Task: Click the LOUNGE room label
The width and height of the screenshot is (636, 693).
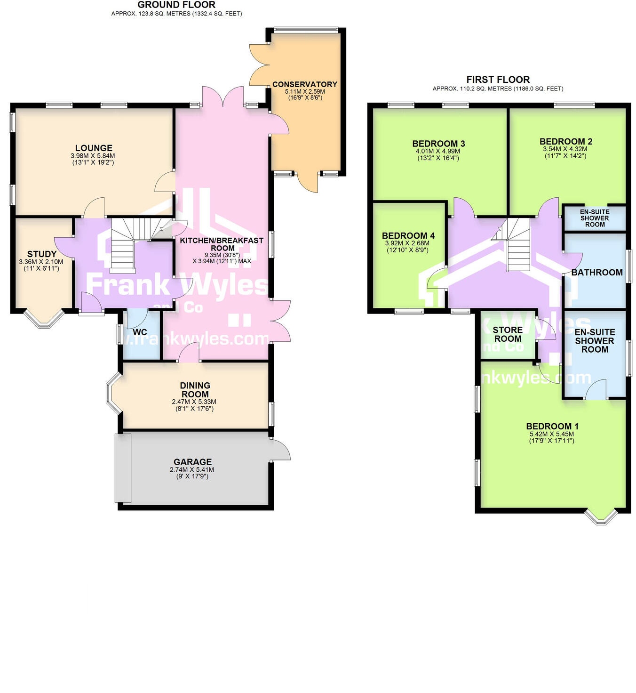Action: pos(94,148)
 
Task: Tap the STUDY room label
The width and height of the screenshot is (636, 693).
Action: pos(42,254)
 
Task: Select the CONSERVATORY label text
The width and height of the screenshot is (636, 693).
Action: pos(305,84)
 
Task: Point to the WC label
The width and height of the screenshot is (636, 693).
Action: pos(140,332)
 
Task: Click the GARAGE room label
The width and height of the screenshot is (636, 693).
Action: pos(192,462)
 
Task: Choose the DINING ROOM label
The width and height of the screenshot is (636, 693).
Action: pos(195,390)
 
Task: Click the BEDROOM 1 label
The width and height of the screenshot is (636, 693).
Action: pos(552,426)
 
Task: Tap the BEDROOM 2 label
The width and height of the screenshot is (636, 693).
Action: pos(565,141)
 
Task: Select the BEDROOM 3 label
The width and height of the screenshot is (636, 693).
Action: pos(438,144)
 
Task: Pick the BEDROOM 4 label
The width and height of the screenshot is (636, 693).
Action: pos(408,235)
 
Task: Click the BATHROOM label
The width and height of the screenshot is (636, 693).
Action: pos(596,272)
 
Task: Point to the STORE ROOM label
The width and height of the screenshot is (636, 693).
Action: pos(508,334)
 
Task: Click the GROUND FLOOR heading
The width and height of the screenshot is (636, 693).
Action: pos(176,5)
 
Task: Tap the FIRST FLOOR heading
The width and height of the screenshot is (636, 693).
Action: pos(498,80)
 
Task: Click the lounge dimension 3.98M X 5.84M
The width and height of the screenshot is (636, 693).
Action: pos(93,156)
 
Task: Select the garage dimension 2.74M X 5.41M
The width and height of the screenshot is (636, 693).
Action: pos(192,469)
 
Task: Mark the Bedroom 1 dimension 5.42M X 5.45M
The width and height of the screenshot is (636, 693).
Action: pos(551,434)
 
